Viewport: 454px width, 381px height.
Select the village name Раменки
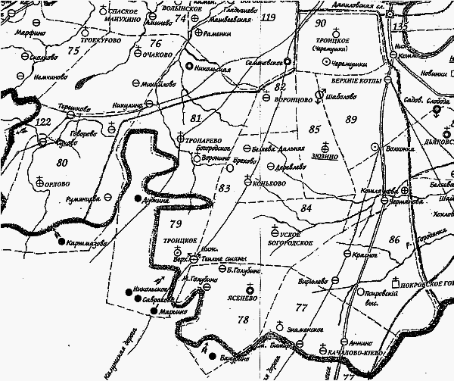(x=216, y=33)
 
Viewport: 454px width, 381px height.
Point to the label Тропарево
(x=203, y=139)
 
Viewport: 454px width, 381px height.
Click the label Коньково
(x=270, y=182)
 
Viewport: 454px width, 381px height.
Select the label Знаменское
(x=306, y=329)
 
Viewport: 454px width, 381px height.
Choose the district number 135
(x=400, y=27)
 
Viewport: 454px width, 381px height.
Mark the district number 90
(x=320, y=23)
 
